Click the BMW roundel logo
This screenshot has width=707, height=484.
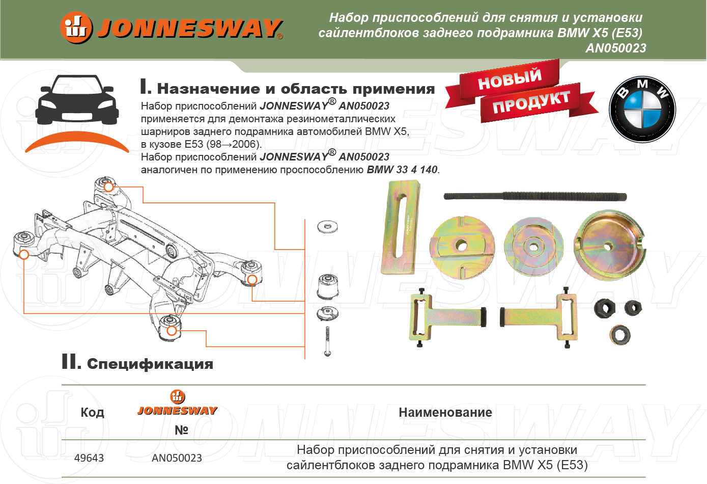[642, 110]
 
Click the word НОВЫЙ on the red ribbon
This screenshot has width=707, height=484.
[510, 78]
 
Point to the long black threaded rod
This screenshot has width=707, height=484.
[534, 196]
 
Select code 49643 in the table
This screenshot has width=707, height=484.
[89, 458]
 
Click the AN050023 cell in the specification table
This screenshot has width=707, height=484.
[177, 458]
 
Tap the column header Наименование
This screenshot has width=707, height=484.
[445, 412]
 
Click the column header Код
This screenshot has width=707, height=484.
[92, 412]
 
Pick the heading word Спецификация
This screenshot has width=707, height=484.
[150, 364]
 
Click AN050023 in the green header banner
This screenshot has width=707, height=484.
[615, 48]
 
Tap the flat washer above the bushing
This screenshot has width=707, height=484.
[327, 226]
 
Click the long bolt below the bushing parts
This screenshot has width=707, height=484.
[327, 342]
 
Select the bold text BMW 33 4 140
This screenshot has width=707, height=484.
[402, 170]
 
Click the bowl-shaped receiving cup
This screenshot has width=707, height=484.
[609, 247]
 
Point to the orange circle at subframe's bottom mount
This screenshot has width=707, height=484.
[172, 331]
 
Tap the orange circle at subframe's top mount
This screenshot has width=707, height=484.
[108, 187]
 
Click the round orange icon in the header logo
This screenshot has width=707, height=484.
[76, 28]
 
